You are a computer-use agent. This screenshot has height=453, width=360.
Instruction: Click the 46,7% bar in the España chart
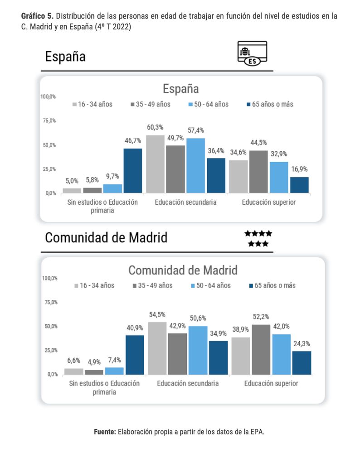point(133,170)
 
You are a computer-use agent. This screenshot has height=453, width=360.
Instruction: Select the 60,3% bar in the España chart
point(155,164)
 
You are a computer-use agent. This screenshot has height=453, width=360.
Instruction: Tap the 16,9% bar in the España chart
point(299,185)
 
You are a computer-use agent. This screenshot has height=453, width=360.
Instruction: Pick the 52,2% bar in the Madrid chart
point(260,349)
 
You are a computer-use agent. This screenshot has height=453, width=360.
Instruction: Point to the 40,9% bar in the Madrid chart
point(135,355)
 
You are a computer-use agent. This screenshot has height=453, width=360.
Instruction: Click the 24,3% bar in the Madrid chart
point(302,362)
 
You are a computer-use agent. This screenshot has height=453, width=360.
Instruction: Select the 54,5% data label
point(157,314)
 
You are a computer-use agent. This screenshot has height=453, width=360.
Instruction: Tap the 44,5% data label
point(258,143)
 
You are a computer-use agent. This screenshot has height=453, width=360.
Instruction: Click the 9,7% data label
point(112,176)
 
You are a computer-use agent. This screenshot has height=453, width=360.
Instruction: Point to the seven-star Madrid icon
point(258,239)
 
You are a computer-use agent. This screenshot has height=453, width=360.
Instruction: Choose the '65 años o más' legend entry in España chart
point(269,104)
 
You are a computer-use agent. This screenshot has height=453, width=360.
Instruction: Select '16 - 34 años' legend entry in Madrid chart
point(94,285)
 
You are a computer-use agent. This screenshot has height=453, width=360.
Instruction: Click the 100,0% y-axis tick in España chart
point(48,96)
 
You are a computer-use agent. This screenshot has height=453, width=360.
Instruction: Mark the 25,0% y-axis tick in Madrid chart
point(50,350)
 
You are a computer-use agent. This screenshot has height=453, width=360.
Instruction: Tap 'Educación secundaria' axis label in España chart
point(185,202)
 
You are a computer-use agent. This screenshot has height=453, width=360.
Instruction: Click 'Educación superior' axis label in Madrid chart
point(271,384)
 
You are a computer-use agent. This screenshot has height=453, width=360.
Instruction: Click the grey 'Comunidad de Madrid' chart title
point(183,270)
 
